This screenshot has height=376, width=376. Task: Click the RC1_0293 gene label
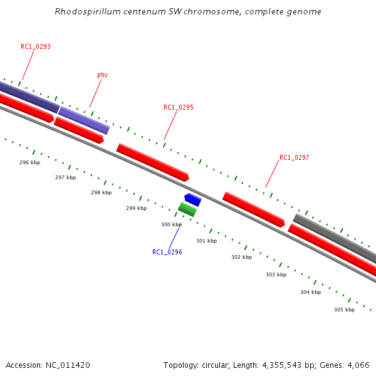point(36,46)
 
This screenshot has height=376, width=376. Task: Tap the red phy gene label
point(103,75)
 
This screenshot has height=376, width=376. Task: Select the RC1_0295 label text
point(179,107)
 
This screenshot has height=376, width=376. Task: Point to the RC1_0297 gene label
point(295,157)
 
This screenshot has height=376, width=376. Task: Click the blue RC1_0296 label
point(167,252)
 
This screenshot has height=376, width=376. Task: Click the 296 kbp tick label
point(30,162)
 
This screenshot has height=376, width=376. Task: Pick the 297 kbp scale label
point(65,177)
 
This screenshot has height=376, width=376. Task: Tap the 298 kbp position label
point(101,193)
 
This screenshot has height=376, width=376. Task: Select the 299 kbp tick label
point(136,208)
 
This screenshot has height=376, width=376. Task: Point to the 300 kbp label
point(171,224)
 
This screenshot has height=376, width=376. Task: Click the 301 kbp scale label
point(206,241)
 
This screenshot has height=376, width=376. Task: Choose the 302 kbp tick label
point(241,257)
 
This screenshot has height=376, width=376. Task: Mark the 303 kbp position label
point(276,274)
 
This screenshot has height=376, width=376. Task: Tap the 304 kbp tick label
point(310,292)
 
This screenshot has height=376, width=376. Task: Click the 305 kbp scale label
point(344,310)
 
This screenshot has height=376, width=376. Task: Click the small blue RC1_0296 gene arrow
point(193,200)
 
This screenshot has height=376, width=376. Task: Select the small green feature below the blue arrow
point(187,209)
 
